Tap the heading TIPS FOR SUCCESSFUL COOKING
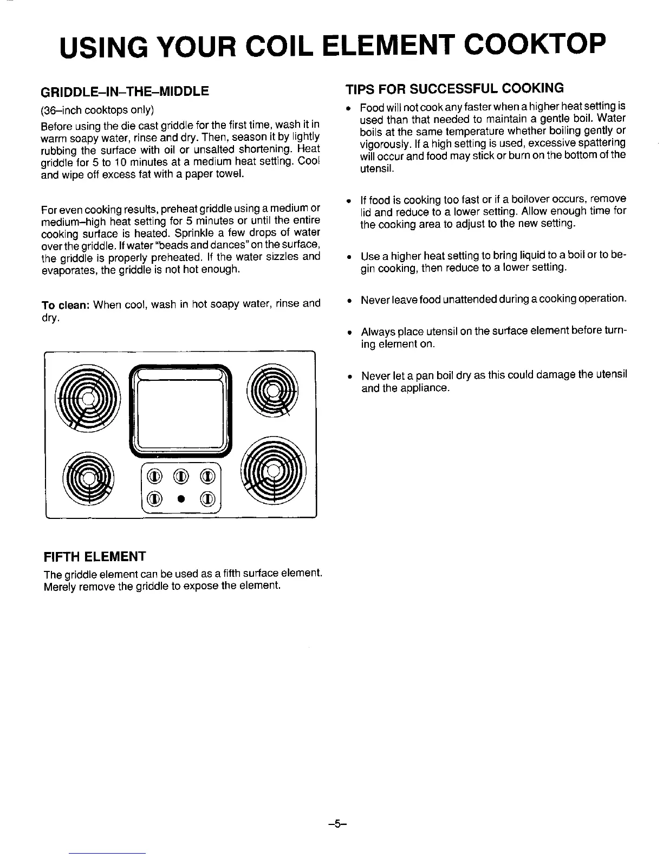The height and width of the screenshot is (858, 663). [x=455, y=88]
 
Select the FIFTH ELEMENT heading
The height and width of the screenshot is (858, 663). [x=95, y=556]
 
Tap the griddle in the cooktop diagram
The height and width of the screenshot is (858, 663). [x=180, y=406]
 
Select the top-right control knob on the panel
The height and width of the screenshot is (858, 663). [x=207, y=476]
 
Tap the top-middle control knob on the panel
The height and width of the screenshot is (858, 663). [x=180, y=476]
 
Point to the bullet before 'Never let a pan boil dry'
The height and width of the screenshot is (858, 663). [x=351, y=376]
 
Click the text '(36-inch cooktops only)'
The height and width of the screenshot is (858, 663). [x=98, y=110]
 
